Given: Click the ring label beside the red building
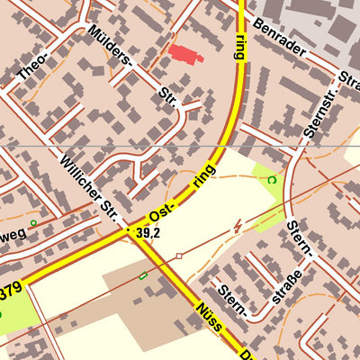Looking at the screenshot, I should [238, 45].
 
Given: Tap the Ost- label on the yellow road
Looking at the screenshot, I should [163, 215].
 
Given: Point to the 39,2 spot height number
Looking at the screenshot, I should [148, 233].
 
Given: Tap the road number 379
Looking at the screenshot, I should [9, 292].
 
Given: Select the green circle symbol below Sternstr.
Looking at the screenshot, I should [271, 180].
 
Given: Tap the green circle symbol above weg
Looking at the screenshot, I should [33, 222].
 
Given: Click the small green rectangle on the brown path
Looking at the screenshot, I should [142, 275].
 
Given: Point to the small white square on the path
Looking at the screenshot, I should [179, 256].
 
